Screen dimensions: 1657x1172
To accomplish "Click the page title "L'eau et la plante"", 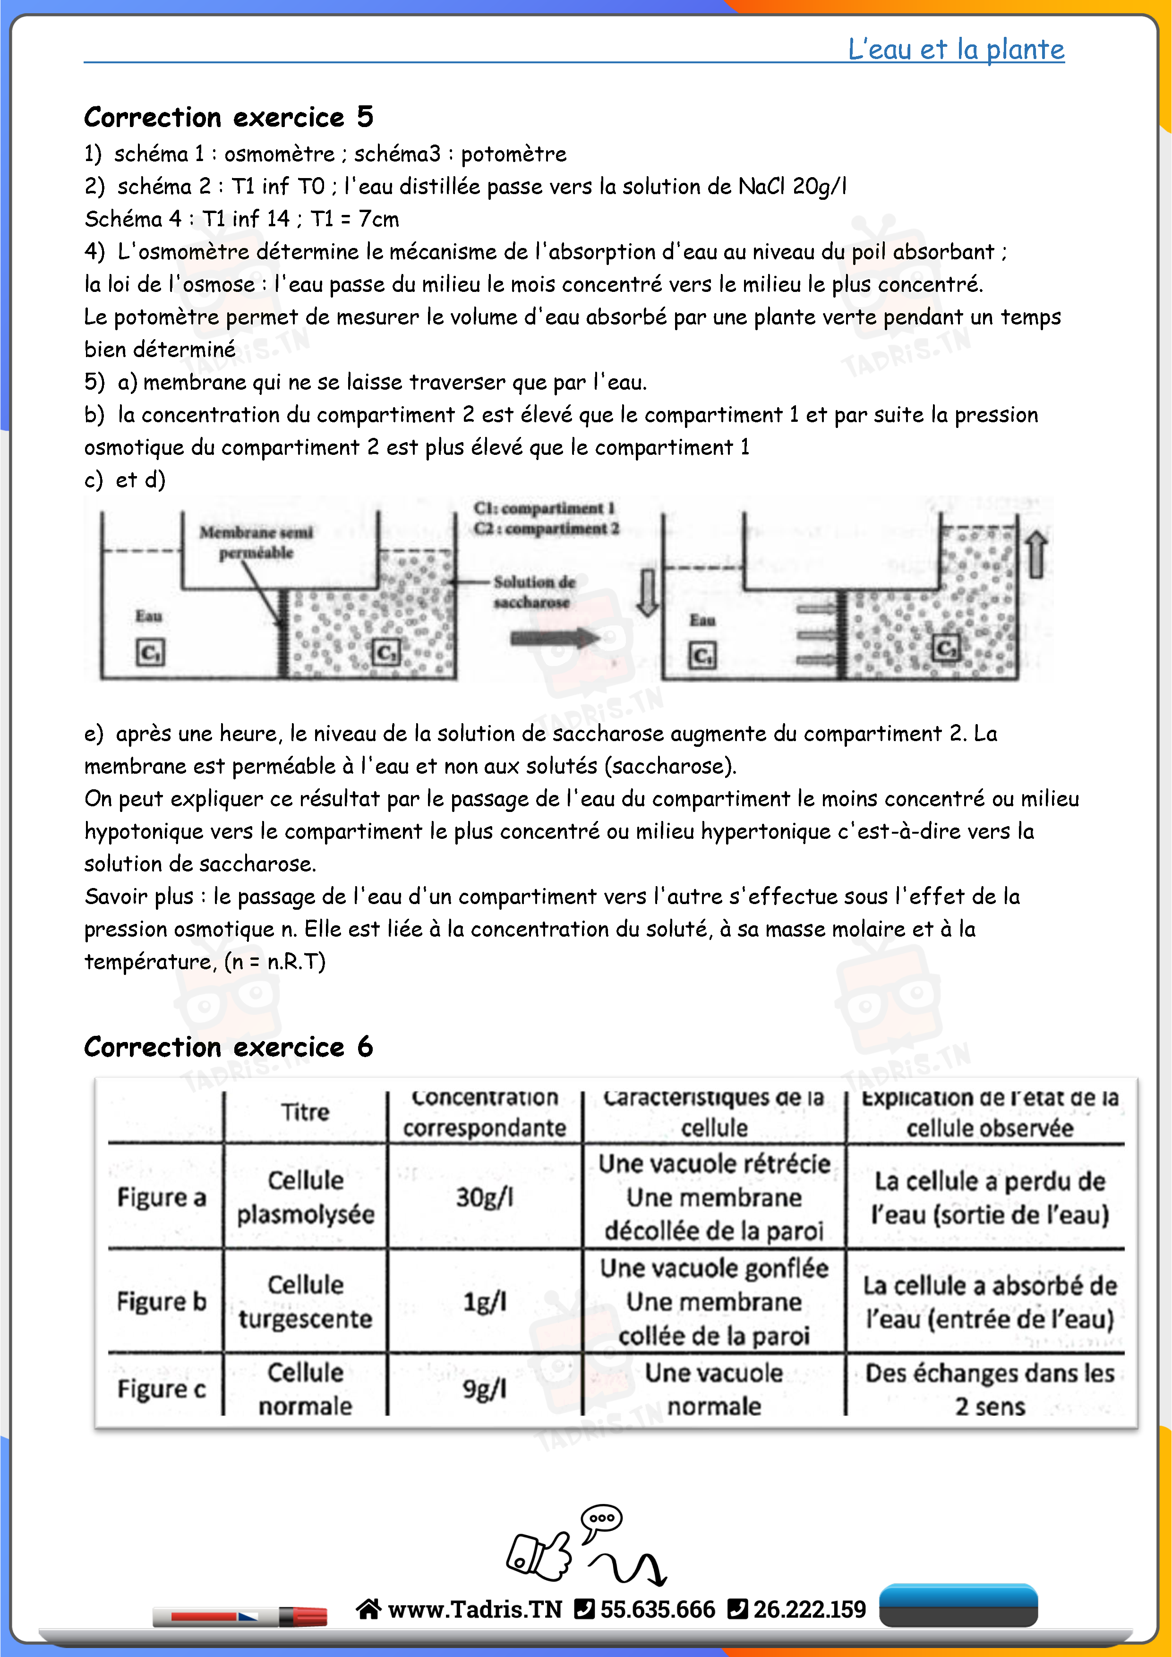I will click(x=956, y=49).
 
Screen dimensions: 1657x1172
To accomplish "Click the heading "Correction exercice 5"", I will click(x=228, y=117).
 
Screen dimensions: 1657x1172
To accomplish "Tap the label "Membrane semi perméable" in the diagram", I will click(x=256, y=542).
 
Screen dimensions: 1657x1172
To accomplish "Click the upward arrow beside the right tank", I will click(x=1036, y=554).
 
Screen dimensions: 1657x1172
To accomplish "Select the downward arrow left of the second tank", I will click(x=647, y=592).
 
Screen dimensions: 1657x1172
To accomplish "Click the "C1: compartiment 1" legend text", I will click(x=544, y=508).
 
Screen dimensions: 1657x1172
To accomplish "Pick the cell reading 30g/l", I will click(x=484, y=1197).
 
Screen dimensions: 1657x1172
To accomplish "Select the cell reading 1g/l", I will click(x=484, y=1301).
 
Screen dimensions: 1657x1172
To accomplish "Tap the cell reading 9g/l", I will click(x=484, y=1389).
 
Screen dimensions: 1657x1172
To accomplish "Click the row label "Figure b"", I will click(x=162, y=1301).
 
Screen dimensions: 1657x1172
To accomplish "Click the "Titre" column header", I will click(x=305, y=1112).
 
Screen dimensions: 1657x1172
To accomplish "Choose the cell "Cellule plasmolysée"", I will click(x=305, y=1197).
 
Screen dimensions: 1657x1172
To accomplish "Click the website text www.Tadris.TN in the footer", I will click(x=474, y=1609).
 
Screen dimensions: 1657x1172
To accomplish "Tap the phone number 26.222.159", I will click(x=809, y=1609).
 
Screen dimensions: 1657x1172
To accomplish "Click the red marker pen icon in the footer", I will click(x=240, y=1616).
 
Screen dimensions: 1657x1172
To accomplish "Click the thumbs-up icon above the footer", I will click(x=540, y=1554).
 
